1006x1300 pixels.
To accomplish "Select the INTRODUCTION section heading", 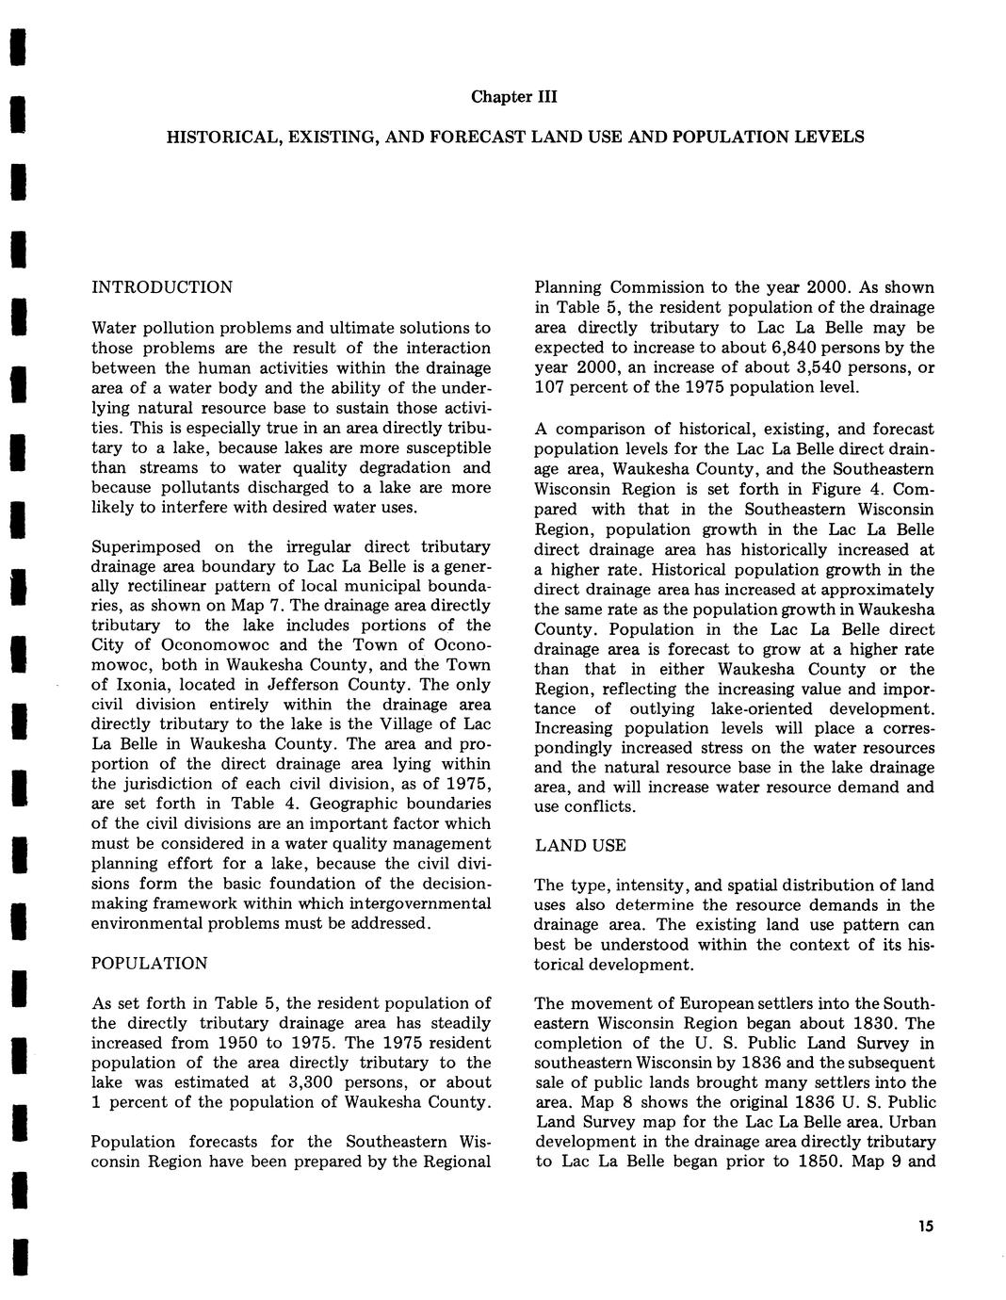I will pyautogui.click(x=161, y=287).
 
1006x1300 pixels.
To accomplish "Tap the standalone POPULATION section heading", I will pyautogui.click(x=149, y=963).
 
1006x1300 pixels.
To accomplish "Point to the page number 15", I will pyautogui.click(x=922, y=1226).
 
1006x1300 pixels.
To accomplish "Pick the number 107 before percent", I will pyautogui.click(x=550, y=387).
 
